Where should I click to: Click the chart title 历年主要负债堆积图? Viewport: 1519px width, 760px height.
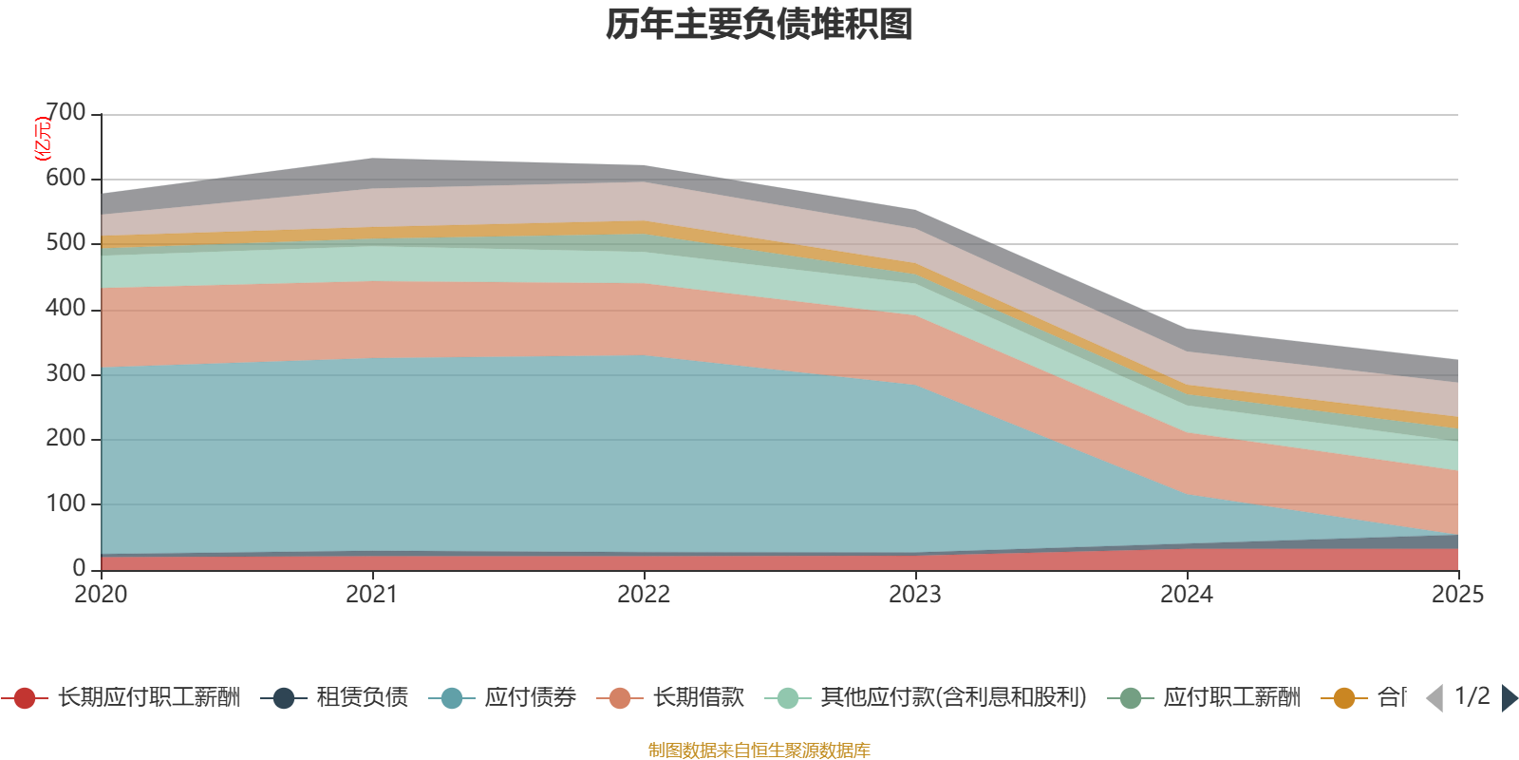[759, 25]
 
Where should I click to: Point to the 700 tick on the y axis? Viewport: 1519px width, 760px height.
[66, 113]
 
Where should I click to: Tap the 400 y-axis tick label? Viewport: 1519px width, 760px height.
[66, 309]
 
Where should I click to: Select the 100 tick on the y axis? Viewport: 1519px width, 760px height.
[66, 503]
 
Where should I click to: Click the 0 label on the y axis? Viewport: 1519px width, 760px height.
[79, 568]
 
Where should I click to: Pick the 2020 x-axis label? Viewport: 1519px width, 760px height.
[101, 595]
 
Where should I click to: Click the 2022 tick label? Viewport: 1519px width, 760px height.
[644, 595]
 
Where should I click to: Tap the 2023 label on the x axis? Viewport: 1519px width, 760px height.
[915, 595]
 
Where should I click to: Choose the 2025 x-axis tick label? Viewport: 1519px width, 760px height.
[1457, 595]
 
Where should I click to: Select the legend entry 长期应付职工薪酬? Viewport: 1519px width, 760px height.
[149, 698]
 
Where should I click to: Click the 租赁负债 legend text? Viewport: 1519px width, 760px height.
[362, 698]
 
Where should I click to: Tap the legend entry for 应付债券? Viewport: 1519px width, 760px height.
[530, 698]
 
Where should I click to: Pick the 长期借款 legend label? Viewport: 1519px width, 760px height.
[698, 698]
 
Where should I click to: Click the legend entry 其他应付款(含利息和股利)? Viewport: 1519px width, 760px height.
[953, 698]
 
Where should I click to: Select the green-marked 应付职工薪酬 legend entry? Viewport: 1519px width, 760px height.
[1231, 698]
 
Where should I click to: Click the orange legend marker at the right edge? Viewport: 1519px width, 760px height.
[1344, 698]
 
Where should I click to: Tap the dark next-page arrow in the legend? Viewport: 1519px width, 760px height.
[1509, 698]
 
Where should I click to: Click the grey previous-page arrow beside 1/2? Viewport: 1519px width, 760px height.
[1435, 698]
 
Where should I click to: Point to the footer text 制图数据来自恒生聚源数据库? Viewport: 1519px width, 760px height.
[759, 750]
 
